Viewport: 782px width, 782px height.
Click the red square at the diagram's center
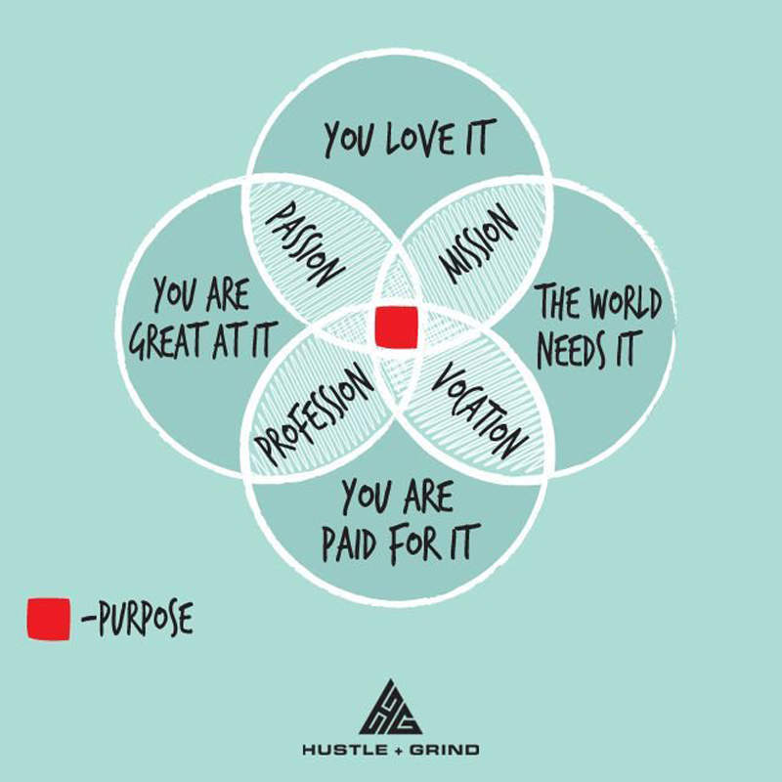(x=397, y=326)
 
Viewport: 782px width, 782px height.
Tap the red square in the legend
(x=48, y=619)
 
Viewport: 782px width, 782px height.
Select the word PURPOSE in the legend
(x=143, y=619)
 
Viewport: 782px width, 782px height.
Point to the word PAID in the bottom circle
(x=357, y=545)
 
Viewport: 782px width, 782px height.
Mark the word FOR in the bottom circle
(x=421, y=545)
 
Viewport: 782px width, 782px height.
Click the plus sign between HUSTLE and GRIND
(x=395, y=750)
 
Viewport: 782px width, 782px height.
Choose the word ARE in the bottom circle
(x=424, y=499)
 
